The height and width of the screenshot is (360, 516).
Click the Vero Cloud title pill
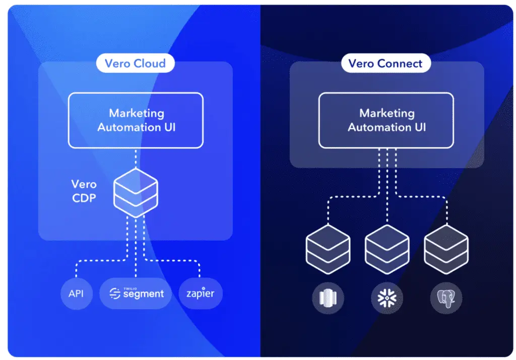click(135, 63)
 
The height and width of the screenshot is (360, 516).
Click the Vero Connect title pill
click(386, 63)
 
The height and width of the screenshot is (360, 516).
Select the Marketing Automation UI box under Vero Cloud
click(136, 120)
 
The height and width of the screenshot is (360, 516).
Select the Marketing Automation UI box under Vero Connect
click(386, 120)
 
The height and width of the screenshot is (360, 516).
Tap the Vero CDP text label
click(84, 191)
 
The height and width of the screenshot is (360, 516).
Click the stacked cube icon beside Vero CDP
click(136, 191)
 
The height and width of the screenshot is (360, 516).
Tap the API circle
click(76, 294)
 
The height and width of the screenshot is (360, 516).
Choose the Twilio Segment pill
click(136, 294)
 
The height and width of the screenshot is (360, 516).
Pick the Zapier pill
click(201, 294)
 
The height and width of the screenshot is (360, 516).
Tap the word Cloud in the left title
click(149, 63)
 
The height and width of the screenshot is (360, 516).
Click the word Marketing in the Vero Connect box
click(386, 113)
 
